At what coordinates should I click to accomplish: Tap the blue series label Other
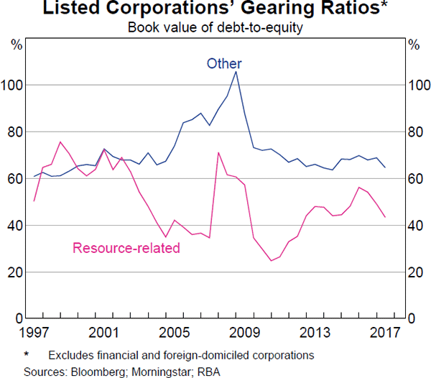pyautogui.click(x=225, y=63)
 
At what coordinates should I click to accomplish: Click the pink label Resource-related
pyautogui.click(x=126, y=249)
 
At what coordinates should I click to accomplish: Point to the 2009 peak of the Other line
pyautogui.click(x=236, y=71)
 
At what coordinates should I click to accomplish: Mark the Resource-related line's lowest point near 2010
pyautogui.click(x=272, y=261)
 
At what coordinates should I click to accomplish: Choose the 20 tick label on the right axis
pyautogui.click(x=414, y=272)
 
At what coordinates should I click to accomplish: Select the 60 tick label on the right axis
pyautogui.click(x=414, y=179)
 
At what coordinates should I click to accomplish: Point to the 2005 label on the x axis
pyautogui.click(x=175, y=333)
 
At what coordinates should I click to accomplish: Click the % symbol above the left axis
pyautogui.click(x=16, y=45)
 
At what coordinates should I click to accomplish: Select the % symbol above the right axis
pyautogui.click(x=414, y=45)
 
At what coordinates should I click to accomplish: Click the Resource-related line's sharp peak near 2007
pyautogui.click(x=218, y=152)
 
